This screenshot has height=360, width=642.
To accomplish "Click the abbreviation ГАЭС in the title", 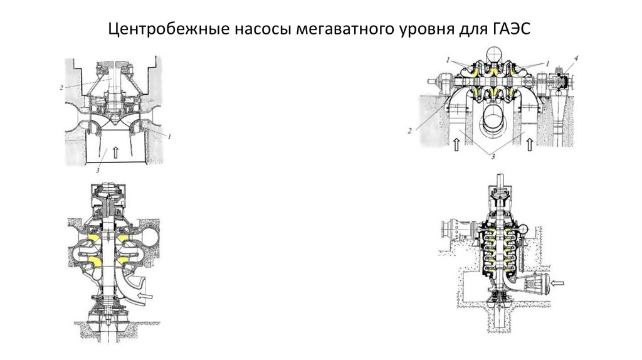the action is pyautogui.click(x=511, y=29).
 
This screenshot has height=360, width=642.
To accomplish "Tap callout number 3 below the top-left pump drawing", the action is pyautogui.click(x=98, y=169).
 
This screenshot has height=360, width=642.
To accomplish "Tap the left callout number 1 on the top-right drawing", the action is pyautogui.click(x=449, y=60).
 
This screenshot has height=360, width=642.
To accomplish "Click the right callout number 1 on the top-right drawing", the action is pyautogui.click(x=547, y=63).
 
